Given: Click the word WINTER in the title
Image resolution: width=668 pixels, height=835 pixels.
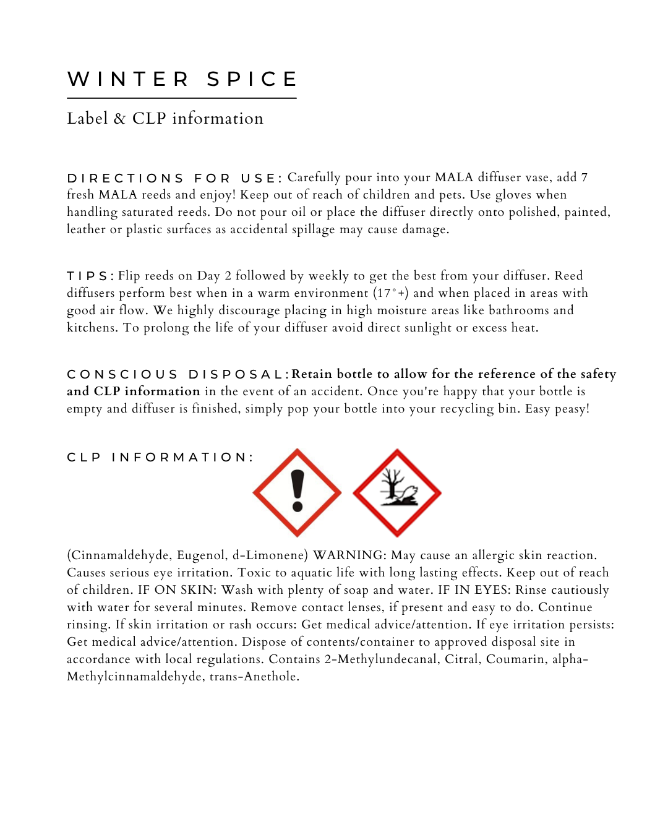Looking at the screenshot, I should [128, 79].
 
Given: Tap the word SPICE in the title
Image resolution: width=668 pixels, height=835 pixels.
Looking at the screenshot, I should [252, 79].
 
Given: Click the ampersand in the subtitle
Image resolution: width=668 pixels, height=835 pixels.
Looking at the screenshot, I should [119, 118].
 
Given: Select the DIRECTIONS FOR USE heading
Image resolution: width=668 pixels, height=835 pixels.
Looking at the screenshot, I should [174, 178].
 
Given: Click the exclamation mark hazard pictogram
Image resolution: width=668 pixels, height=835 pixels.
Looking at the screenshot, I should [297, 492].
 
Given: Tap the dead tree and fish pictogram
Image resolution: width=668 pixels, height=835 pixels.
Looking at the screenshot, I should [397, 492].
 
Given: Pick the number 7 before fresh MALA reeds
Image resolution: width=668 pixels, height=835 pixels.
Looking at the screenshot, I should [584, 178].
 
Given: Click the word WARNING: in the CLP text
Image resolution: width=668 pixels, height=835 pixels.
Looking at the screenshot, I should [349, 555].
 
